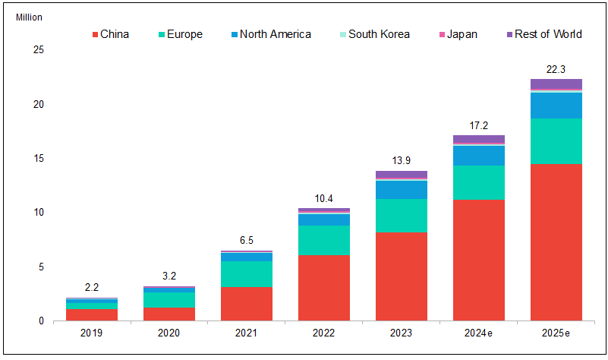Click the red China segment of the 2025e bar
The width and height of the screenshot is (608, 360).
coord(556,242)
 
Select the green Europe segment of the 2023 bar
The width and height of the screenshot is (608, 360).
coord(401,215)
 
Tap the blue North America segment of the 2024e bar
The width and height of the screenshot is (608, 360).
coord(478,155)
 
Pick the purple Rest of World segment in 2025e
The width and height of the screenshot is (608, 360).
coord(556,84)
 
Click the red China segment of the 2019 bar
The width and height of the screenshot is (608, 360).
coord(91,314)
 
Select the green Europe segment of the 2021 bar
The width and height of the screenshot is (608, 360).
coord(246,273)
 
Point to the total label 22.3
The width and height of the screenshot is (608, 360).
coord(556,69)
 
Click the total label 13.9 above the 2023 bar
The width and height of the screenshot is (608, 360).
coord(401,161)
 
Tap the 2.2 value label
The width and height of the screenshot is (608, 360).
coord(91,288)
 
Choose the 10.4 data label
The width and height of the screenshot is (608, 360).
coord(323,198)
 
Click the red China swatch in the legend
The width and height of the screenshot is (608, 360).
coord(95,35)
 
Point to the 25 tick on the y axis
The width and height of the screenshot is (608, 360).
coord(39,50)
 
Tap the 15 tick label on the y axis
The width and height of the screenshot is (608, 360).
coord(39,158)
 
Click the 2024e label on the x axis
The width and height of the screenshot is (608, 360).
coord(478,333)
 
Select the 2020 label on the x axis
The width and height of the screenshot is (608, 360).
coord(169,333)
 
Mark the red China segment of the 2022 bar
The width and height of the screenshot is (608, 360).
coord(323,287)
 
